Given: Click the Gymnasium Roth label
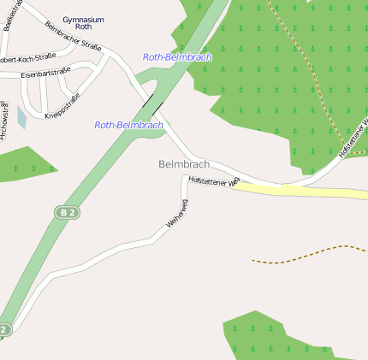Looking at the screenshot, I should point(83,22).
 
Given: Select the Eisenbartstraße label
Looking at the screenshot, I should point(45,74).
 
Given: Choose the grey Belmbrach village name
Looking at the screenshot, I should point(184,163).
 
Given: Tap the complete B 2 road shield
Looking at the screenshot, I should point(68,211).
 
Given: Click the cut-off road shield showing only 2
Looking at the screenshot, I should point(5,328).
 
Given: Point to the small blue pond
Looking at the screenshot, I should point(22,117).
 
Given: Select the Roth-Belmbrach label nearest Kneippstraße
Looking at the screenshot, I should point(128,125).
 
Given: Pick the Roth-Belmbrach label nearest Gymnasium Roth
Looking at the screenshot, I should point(177,57).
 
